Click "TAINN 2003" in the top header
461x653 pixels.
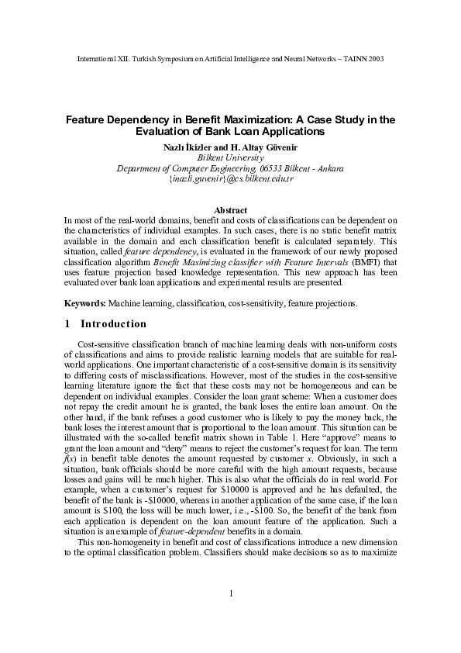coord(361,59)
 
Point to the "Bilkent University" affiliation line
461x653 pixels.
coord(230,157)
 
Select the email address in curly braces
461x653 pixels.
coord(230,178)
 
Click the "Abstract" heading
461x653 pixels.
coord(230,210)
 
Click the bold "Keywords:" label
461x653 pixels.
coord(85,304)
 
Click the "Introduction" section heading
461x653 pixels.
coord(113,324)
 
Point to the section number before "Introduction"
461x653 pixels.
coord(68,324)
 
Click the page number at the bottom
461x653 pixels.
coord(230,616)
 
